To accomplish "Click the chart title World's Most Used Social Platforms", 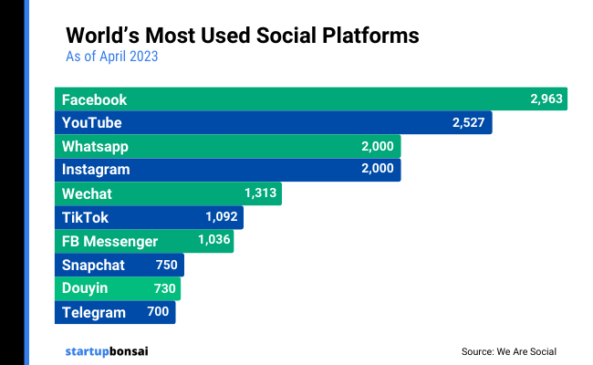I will point(243,36).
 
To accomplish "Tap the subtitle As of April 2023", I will point(112,57).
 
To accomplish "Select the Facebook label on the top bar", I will point(94,99).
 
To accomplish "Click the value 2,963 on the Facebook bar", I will point(547,99).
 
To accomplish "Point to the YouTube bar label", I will point(91,122).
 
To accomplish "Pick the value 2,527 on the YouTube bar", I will point(469,122).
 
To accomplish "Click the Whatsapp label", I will point(95,146).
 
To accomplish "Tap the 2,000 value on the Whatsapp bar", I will point(377,146).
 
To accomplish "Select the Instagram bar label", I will point(96,170).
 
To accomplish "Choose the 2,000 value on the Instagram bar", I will point(377,170).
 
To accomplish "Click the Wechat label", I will point(87,193).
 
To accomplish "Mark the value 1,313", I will point(260,193).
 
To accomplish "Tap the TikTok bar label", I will point(85,217).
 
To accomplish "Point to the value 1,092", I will point(222,217).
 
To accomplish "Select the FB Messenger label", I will point(109,241).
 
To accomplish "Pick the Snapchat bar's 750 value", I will point(166,265).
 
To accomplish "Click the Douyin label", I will point(85,288).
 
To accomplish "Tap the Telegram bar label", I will point(93,312).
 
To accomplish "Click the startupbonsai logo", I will point(109,350).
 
